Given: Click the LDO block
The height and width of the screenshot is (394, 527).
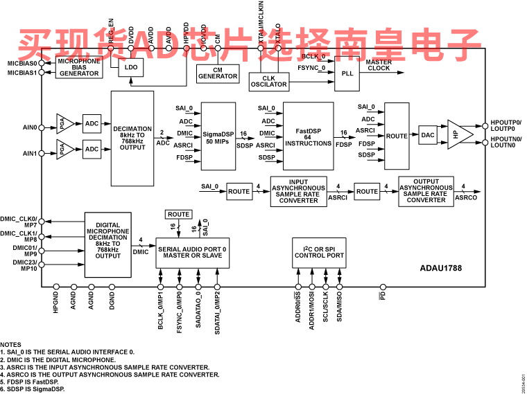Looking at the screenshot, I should (x=129, y=68).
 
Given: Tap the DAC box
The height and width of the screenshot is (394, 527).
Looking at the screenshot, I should (x=427, y=136).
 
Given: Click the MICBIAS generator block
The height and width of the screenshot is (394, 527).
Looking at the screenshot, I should (x=78, y=68).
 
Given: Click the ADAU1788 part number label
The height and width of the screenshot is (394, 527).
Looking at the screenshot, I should (x=441, y=267).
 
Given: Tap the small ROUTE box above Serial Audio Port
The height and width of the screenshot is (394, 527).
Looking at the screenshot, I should (x=179, y=215).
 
